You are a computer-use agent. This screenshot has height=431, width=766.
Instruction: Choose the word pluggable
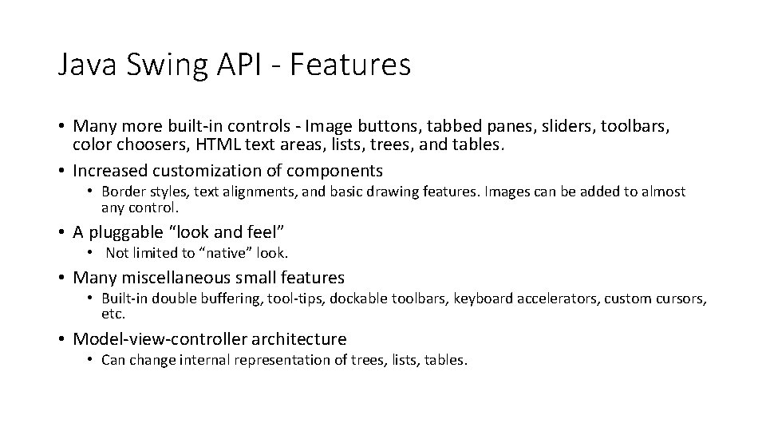coord(131,232)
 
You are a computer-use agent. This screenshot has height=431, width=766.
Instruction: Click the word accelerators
coord(551,299)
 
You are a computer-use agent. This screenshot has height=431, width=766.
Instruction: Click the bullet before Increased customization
coord(62,171)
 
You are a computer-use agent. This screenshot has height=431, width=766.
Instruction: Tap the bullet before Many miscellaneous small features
coord(62,278)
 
